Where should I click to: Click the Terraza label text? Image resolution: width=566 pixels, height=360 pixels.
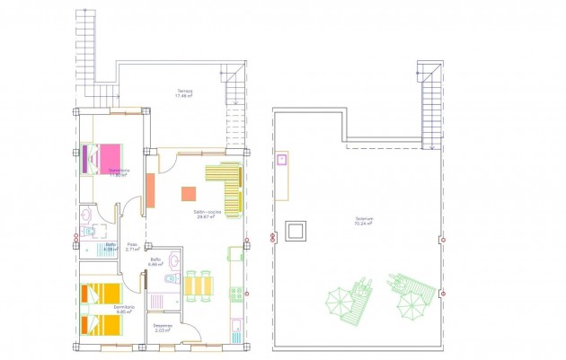[186, 92]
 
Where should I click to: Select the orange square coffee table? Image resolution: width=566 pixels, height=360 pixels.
[189, 193]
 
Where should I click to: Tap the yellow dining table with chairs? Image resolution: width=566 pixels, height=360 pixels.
[199, 285]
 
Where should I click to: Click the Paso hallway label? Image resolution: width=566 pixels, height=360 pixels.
[132, 245]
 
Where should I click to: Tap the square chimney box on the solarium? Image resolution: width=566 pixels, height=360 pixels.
[295, 230]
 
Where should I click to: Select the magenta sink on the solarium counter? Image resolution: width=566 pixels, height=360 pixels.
[282, 161]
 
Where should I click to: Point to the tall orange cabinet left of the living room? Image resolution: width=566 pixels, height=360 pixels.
[150, 190]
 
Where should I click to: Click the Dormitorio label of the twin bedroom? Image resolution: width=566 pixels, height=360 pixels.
[125, 308]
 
